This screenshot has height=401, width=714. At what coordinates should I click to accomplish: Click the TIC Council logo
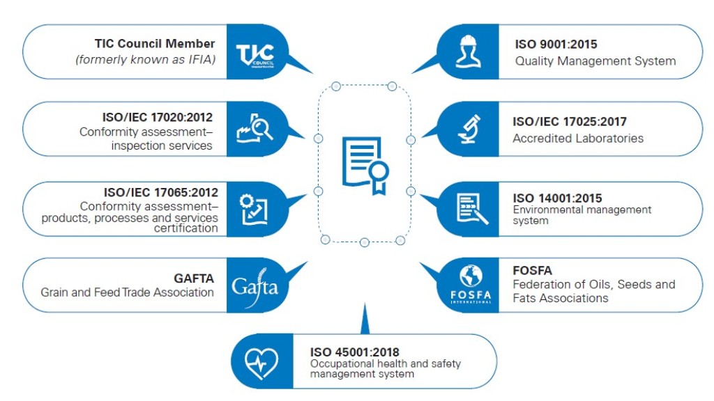click(x=255, y=53)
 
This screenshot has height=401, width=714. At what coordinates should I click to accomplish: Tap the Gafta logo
click(x=255, y=285)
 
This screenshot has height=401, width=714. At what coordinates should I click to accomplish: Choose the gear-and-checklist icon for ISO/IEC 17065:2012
click(x=254, y=208)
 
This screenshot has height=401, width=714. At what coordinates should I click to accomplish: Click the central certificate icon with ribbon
click(x=365, y=166)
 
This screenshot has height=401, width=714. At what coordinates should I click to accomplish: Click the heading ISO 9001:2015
click(x=556, y=45)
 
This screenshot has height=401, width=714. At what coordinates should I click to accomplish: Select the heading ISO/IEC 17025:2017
click(x=570, y=122)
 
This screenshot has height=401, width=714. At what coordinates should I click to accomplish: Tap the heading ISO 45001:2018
click(x=354, y=352)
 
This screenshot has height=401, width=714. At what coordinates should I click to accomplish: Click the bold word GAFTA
click(x=194, y=278)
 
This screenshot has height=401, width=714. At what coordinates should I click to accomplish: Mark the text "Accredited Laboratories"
click(x=578, y=138)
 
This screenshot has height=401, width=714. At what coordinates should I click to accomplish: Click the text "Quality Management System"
click(x=595, y=61)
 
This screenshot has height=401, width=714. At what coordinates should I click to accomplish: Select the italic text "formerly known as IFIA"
click(x=146, y=59)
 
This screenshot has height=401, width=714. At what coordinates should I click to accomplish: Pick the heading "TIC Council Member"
click(x=155, y=44)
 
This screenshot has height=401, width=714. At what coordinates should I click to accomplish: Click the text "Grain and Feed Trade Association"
click(x=127, y=292)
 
